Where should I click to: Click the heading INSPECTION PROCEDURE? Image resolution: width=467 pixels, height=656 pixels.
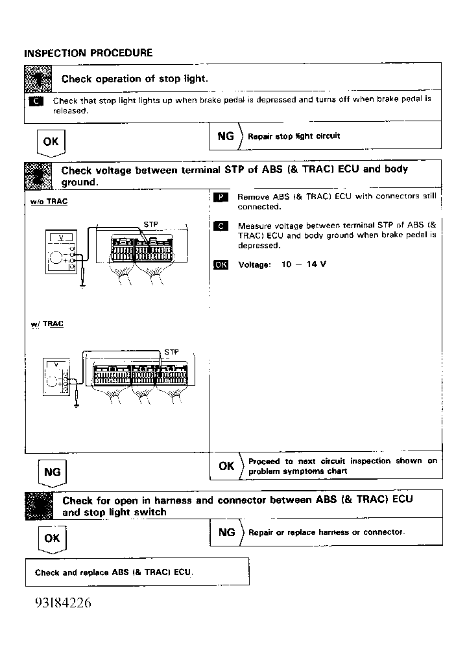point(88,53)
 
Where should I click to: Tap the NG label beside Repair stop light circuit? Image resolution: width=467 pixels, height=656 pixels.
point(226,136)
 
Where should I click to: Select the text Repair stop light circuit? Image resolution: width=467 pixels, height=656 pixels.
point(294,136)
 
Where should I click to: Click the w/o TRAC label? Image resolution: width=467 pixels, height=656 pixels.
point(49,202)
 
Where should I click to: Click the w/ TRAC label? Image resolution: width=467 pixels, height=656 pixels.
point(47,323)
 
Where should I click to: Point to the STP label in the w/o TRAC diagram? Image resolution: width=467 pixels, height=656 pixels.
point(150,225)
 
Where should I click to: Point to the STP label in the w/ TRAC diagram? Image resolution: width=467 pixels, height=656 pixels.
point(171,352)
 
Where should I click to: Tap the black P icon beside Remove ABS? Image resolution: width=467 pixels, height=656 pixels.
point(221,196)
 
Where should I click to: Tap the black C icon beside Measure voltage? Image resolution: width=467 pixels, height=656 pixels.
point(221,226)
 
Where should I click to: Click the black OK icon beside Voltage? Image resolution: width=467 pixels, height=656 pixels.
point(221,264)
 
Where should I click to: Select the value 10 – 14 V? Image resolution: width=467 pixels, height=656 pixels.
point(304,264)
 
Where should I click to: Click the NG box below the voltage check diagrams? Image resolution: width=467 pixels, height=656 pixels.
point(52,473)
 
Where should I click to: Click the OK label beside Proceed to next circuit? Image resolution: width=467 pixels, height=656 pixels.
point(226,466)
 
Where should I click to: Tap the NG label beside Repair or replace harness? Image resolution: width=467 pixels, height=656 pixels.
point(226,532)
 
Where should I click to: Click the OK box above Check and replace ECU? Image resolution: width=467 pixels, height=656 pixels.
point(52,538)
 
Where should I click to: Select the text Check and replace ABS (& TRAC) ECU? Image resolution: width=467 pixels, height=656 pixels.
point(114,572)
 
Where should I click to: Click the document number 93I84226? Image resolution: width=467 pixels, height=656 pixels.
point(63,603)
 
